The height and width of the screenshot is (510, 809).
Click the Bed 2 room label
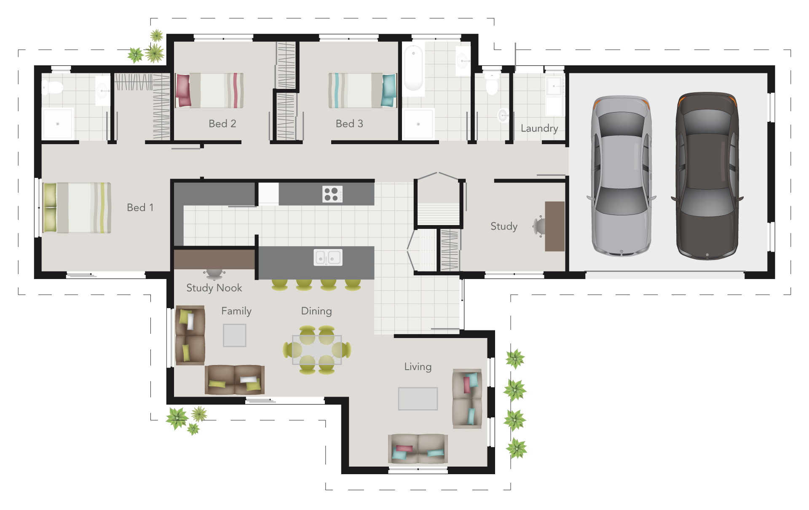222,123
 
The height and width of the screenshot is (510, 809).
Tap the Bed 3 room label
349,123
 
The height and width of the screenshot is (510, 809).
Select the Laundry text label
539,128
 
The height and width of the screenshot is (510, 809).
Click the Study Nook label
214,288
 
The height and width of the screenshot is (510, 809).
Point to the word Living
418,367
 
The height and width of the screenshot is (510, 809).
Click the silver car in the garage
621,176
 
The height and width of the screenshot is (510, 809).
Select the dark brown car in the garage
707,176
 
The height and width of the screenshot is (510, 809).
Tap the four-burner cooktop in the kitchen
332,194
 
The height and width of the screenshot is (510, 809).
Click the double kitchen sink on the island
328,258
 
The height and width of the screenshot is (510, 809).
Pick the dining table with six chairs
317,350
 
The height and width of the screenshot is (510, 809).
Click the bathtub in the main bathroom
413,67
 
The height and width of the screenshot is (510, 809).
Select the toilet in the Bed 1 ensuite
52,88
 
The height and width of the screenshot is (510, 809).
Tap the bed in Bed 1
77,208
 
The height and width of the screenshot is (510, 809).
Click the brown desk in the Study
555,226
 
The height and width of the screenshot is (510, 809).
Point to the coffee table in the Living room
418,399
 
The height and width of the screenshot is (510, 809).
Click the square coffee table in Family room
234,336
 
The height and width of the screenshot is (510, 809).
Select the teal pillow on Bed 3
389,90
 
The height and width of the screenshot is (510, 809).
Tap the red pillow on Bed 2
182,90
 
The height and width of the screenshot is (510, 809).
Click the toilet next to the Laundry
492,84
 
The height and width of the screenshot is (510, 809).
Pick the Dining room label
316,311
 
